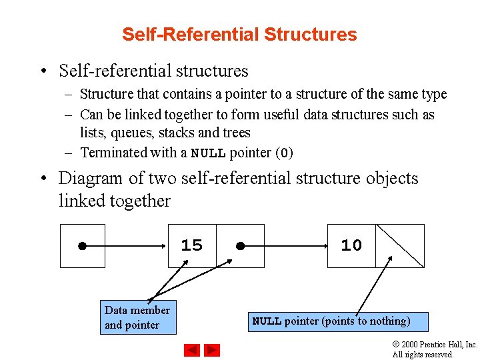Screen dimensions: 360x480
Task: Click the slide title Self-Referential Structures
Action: click(239, 35)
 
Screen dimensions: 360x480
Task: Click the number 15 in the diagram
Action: click(191, 245)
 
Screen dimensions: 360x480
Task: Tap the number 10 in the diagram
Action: click(351, 245)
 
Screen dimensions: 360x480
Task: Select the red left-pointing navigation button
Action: click(192, 350)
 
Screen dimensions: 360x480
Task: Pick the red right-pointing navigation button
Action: click(212, 350)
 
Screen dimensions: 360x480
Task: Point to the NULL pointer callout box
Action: click(338, 321)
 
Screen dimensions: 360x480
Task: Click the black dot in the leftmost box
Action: click(81, 246)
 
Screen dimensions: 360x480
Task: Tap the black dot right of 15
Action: click(240, 246)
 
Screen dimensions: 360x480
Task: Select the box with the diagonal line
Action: click(400, 245)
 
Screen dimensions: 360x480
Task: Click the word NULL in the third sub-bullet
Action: click(209, 153)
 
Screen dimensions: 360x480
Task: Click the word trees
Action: click(236, 133)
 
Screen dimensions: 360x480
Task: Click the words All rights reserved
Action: click(423, 355)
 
